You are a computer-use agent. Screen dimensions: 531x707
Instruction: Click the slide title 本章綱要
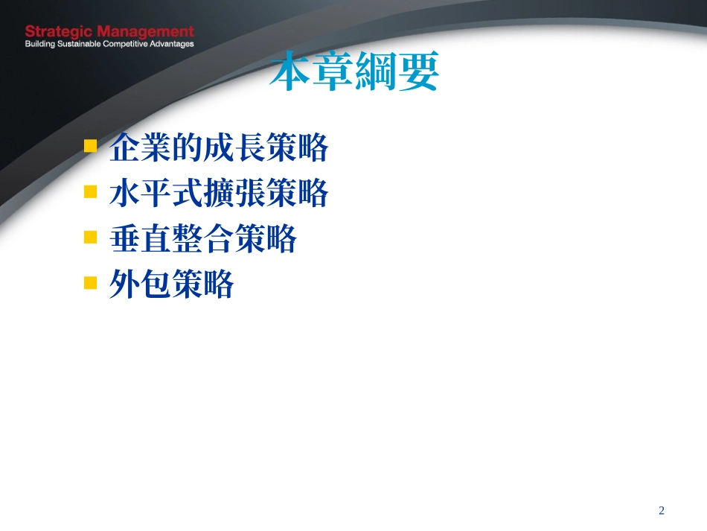(354, 72)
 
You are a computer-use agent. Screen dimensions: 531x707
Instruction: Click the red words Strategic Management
(109, 32)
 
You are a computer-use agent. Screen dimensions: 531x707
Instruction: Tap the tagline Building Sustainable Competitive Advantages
(109, 44)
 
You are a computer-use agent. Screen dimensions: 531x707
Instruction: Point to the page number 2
(662, 510)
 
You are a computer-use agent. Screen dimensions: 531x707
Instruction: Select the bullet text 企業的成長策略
(219, 148)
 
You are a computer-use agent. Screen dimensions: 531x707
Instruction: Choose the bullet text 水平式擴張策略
(219, 194)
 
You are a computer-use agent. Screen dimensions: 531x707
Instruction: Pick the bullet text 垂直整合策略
(203, 239)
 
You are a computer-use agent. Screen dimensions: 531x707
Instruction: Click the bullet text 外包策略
(172, 284)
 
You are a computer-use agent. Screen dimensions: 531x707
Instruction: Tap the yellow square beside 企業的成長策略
(91, 145)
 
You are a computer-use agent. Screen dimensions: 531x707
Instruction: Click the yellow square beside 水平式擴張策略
(91, 191)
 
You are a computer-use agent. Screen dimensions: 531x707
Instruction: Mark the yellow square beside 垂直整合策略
(91, 237)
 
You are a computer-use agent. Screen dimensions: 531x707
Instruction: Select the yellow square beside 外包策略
(91, 282)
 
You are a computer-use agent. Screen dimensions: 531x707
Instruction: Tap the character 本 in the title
(290, 72)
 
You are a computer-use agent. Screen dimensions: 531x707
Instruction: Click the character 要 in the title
(418, 72)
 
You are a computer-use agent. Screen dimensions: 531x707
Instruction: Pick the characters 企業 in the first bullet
(141, 148)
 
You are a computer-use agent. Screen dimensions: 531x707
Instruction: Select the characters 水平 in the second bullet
(141, 194)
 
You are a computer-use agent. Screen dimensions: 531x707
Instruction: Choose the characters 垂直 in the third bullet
(141, 239)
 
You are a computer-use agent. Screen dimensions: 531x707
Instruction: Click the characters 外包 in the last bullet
(141, 284)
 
